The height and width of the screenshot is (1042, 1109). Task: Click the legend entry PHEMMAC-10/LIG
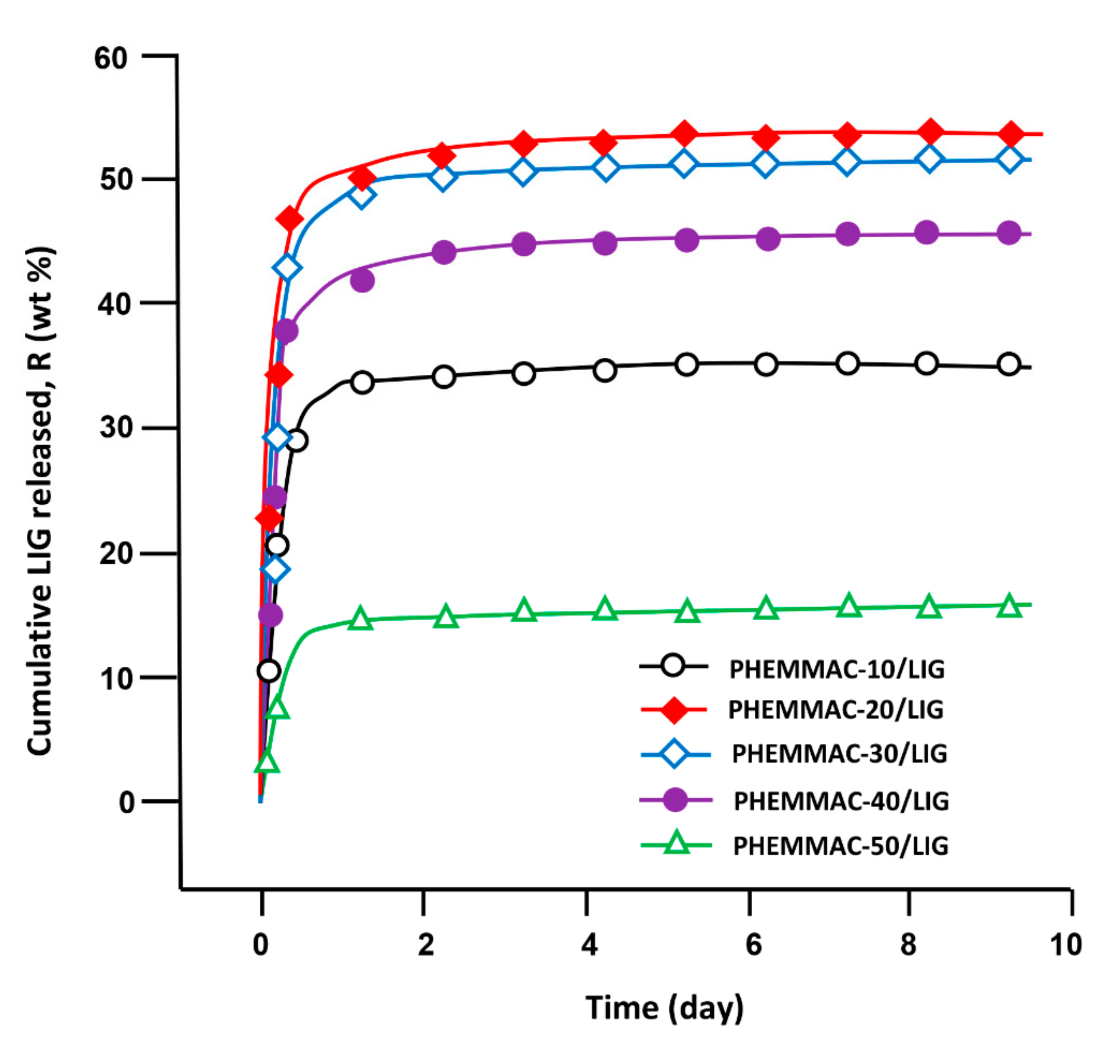pos(837,669)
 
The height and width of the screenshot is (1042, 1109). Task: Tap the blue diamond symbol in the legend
pos(674,753)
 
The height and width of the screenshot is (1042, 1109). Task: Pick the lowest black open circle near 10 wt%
pos(268,671)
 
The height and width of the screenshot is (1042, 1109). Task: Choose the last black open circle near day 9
pos(1008,365)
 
